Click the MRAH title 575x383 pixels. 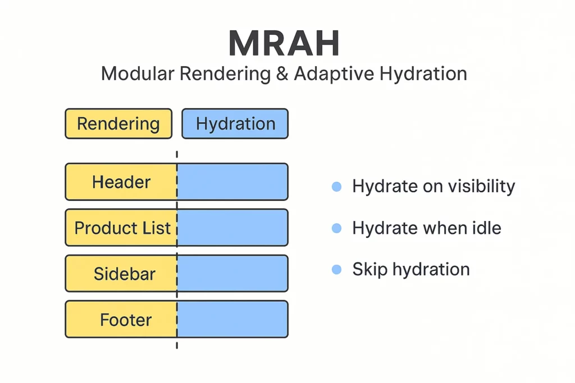(x=284, y=43)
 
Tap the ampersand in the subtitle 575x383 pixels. (x=282, y=73)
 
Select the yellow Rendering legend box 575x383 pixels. (x=118, y=124)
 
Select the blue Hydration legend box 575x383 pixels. (x=235, y=124)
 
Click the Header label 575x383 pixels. (x=121, y=182)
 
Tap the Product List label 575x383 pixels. (x=122, y=228)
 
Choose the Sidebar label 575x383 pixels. (x=125, y=274)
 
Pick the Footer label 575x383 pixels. (x=126, y=320)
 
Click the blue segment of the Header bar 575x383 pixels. (x=232, y=182)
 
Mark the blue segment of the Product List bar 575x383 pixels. (x=232, y=227)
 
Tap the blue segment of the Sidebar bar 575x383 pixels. (x=232, y=274)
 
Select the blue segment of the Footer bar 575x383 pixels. (x=232, y=319)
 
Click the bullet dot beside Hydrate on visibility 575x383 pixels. (x=337, y=187)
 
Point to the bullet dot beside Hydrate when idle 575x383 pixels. (x=337, y=228)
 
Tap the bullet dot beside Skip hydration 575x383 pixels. (x=337, y=270)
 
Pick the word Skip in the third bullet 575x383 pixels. (x=369, y=270)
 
